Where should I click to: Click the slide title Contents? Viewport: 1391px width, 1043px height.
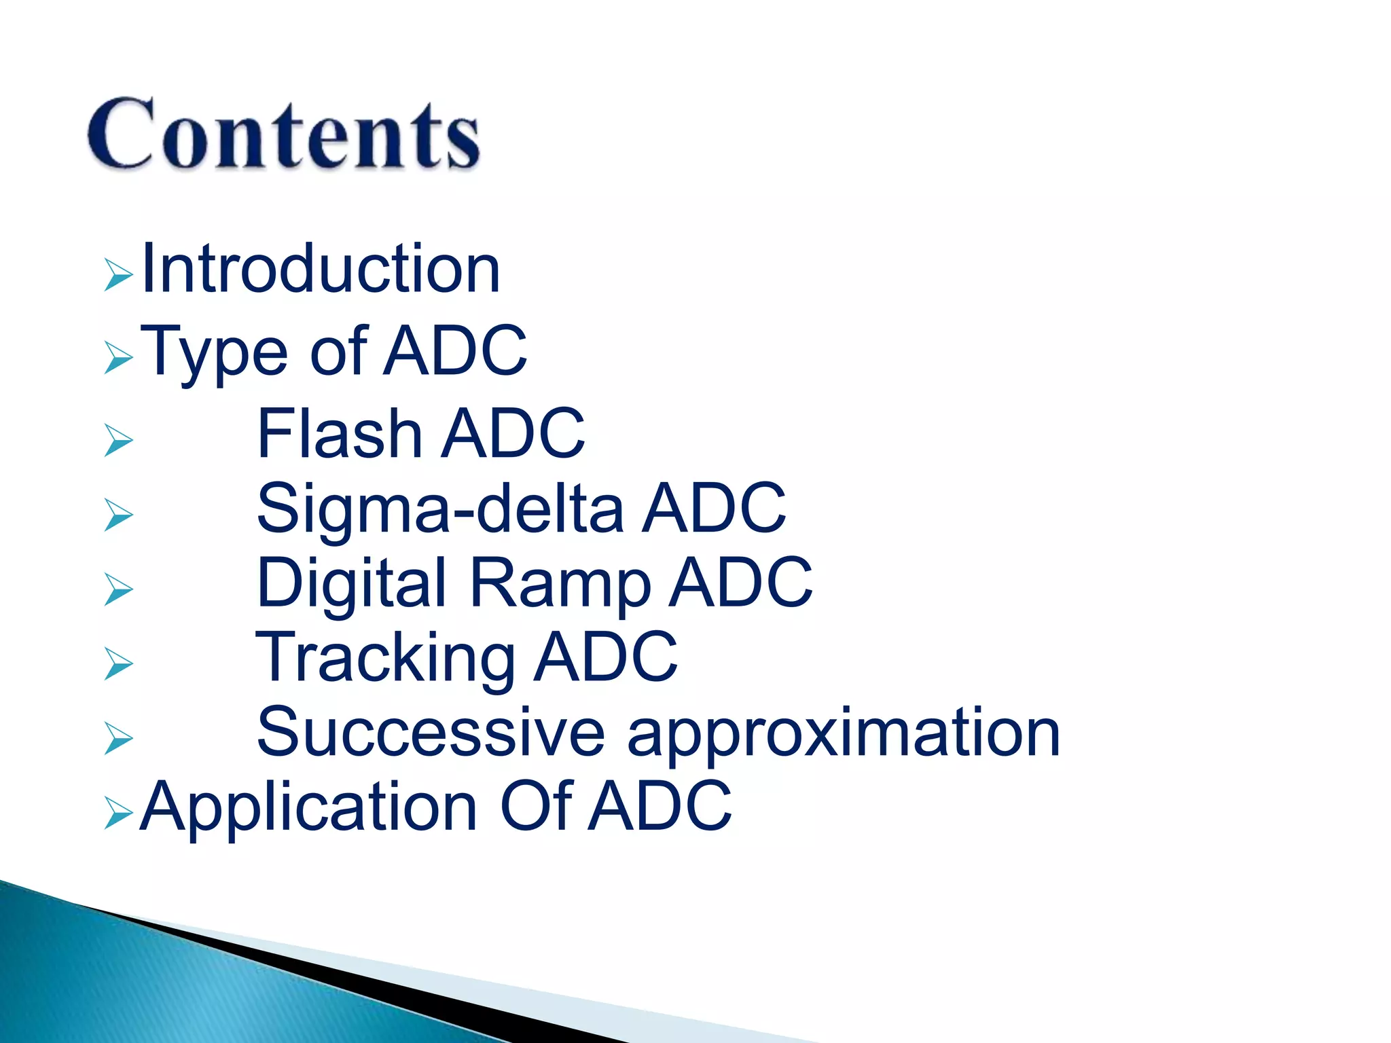(284, 133)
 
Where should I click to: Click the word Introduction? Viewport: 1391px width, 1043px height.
(321, 270)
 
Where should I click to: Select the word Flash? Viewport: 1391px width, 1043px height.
(340, 434)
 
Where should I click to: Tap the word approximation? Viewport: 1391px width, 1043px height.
(844, 733)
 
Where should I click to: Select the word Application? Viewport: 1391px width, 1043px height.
(309, 808)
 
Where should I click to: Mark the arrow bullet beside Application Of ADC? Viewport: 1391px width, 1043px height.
(118, 813)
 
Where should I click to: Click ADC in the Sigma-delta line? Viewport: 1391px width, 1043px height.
(714, 509)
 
